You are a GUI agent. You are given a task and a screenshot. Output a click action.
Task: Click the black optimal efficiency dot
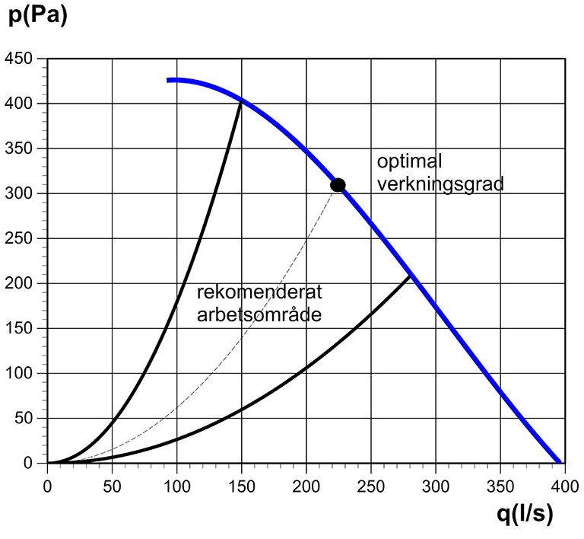[338, 184]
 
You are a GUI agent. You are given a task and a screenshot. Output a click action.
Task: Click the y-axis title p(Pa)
[38, 16]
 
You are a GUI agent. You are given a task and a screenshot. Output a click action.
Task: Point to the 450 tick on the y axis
[21, 59]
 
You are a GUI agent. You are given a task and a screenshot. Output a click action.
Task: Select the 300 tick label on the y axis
[21, 193]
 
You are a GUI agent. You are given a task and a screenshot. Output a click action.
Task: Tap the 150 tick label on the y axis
[21, 328]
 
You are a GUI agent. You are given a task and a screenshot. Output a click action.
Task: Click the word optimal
[409, 161]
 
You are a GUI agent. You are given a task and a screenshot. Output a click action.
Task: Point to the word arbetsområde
[259, 314]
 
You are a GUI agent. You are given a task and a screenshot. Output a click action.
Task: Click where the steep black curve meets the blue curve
[242, 100]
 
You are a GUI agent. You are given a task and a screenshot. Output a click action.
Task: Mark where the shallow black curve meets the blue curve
[411, 275]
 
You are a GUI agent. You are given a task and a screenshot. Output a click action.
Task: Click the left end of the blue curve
[169, 79]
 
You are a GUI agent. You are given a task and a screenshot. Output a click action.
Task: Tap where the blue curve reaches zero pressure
[560, 462]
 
